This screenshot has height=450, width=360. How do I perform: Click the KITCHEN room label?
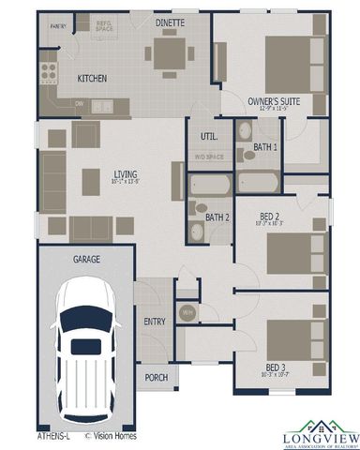92,79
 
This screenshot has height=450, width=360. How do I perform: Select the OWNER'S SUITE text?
274,100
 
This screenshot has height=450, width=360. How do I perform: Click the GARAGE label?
87,258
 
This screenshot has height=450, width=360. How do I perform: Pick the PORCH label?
157,378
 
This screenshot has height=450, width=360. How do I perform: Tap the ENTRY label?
155,322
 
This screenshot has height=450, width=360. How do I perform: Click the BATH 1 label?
265,147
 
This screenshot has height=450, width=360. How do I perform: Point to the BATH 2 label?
217,218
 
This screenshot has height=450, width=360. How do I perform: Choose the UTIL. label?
208,137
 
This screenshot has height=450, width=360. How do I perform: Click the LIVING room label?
126,174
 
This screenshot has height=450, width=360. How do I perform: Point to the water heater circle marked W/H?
187,312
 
